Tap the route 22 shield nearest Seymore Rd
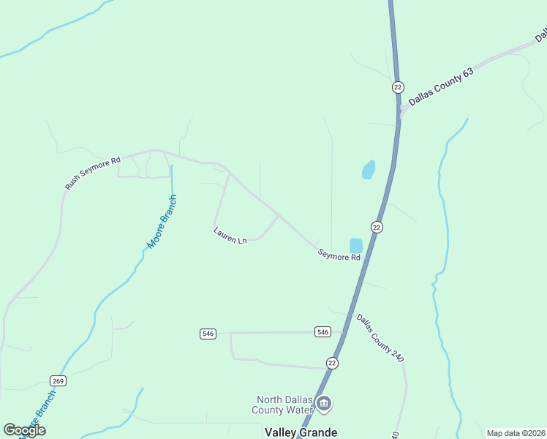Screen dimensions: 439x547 377,228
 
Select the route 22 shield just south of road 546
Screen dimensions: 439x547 333,364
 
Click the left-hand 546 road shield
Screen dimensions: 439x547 208,334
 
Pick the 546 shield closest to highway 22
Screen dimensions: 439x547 323,332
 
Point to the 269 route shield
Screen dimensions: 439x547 59,380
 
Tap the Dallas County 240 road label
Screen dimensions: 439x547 380,337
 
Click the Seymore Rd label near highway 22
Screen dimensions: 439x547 339,255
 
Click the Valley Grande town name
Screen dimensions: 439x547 301,432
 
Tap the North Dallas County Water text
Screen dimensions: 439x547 284,405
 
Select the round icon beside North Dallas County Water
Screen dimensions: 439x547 324,403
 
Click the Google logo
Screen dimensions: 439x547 24,430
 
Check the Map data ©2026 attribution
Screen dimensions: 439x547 516,433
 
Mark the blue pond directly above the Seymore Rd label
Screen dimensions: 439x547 356,246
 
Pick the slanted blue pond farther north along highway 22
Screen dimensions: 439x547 369,170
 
